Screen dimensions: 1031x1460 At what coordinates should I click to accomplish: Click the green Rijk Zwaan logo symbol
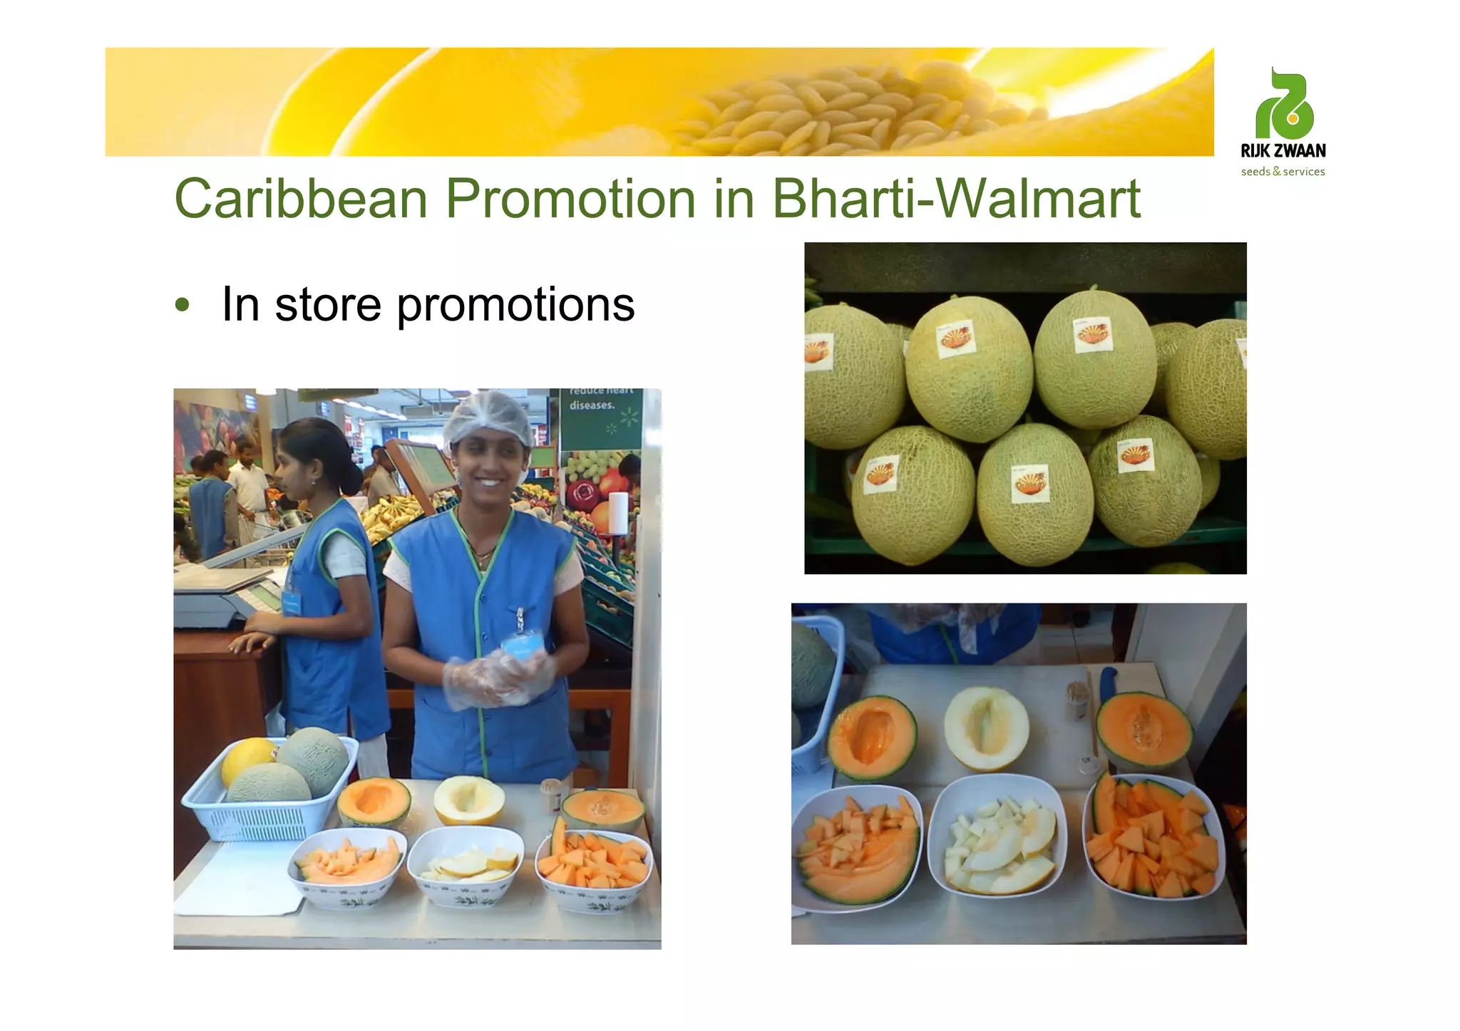[x=1285, y=105]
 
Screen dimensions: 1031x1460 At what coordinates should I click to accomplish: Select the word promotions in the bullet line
[x=515, y=305]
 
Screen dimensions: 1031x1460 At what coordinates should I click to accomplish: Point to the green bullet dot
[x=182, y=305]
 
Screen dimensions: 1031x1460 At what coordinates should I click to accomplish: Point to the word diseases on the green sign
[x=592, y=405]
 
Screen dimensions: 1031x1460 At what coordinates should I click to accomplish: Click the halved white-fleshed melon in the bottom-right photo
[x=986, y=728]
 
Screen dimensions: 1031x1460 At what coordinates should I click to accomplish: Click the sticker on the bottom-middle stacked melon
[x=1029, y=483]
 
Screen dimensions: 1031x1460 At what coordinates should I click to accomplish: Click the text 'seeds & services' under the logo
[x=1282, y=172]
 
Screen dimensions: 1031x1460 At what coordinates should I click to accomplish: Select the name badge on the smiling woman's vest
[x=522, y=645]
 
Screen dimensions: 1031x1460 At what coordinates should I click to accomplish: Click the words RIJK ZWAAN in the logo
[x=1283, y=151]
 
